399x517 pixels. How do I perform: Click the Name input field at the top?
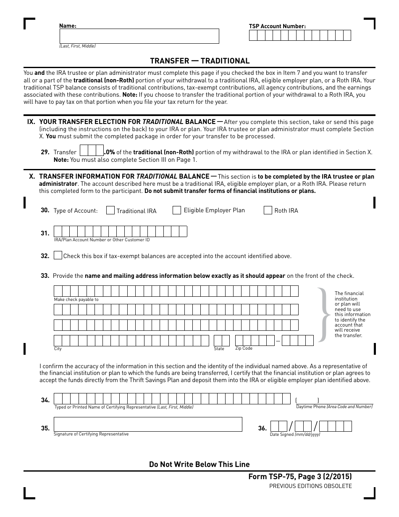coord(139,36)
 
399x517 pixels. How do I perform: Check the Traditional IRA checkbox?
coord(110,211)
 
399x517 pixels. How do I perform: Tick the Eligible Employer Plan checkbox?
coord(177,210)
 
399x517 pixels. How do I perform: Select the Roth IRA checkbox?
coord(268,211)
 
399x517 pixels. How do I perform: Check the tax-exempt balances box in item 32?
coord(58,256)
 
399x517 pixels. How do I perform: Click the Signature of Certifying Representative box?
coord(148,424)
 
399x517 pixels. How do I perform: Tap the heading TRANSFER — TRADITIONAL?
coord(199,61)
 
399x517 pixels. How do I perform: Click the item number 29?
coord(45,152)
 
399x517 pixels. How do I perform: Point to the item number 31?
coord(45,233)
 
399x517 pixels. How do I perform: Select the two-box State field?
coord(222,340)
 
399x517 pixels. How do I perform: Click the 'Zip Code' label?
coord(244,348)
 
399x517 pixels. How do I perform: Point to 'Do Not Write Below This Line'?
coord(199,464)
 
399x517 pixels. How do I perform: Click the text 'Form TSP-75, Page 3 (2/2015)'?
coord(300,477)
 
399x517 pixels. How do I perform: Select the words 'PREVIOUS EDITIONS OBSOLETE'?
coord(310,486)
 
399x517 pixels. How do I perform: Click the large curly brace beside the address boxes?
coord(323,314)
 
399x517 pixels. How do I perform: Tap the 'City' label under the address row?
coord(58,349)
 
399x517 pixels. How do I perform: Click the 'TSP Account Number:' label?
coord(277,26)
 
